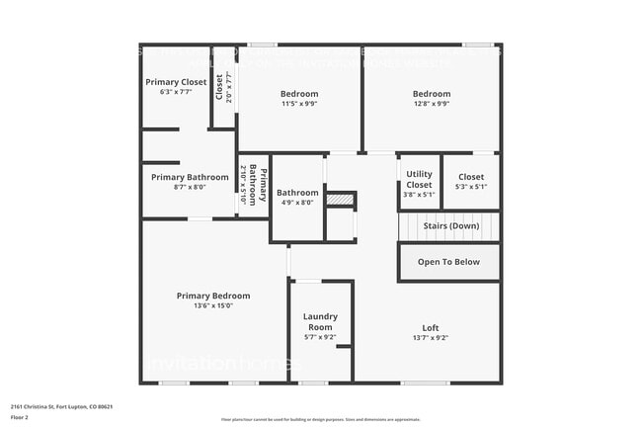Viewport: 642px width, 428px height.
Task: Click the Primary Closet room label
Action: click(x=176, y=82)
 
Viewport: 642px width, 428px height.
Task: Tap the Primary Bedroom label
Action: click(x=212, y=296)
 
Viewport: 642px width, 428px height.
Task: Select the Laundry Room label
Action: click(x=320, y=321)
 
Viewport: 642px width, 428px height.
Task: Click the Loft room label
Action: click(x=430, y=327)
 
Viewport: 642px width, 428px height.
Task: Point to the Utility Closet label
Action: click(x=419, y=179)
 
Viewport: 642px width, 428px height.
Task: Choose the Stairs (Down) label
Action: click(x=451, y=226)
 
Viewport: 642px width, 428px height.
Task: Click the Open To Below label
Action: click(x=448, y=262)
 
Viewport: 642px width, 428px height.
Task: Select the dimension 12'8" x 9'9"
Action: click(x=431, y=104)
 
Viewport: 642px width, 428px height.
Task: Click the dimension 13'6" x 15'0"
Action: click(x=212, y=305)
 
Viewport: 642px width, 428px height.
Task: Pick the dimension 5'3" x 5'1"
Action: click(x=471, y=187)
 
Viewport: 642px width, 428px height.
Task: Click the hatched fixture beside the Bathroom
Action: click(x=340, y=200)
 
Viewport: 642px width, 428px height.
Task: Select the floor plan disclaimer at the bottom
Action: click(x=320, y=420)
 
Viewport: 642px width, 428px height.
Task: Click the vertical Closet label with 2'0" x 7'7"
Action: click(x=223, y=87)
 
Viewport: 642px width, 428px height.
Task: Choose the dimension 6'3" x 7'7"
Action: click(x=176, y=92)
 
